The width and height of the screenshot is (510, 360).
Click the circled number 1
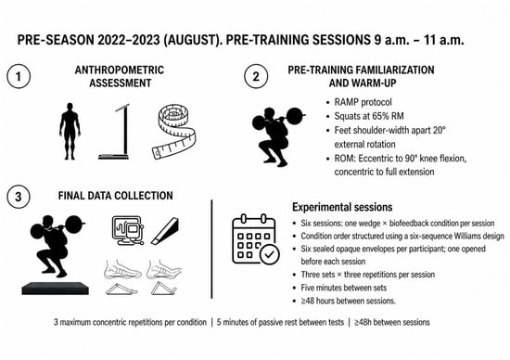point(19,76)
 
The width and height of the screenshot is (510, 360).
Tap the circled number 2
point(256,76)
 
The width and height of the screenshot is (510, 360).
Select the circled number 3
point(19,197)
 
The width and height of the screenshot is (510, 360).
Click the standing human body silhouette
point(70,132)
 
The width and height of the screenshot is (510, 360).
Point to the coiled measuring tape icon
point(174,132)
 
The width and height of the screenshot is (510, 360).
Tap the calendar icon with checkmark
point(256,239)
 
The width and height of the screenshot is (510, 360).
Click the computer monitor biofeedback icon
point(128,230)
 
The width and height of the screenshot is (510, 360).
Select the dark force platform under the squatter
point(56,289)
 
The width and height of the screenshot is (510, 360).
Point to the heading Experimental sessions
point(342,207)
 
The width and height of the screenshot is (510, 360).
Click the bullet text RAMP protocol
point(363,102)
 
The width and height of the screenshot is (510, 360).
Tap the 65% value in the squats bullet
point(382,116)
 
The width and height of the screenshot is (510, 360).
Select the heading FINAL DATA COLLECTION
point(116,196)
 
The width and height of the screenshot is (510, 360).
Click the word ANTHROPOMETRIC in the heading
point(120,70)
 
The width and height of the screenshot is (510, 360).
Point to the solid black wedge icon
point(165,231)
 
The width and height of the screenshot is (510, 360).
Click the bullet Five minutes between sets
point(344,288)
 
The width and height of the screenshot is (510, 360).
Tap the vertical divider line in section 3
point(211,249)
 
